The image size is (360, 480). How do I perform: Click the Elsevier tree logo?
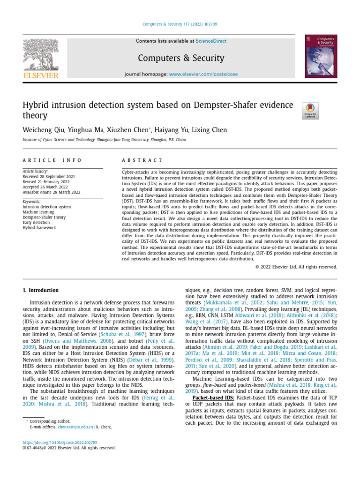41,55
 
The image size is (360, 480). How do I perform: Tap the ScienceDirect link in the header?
211,41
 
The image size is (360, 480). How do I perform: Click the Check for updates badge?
310,111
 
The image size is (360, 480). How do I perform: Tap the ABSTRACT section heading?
142,160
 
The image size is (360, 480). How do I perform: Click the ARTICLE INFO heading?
52,160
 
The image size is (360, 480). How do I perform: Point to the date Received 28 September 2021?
49,177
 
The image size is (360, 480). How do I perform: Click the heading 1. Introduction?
41,290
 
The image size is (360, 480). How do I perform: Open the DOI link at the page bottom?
60,442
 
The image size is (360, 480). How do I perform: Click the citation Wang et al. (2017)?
205,322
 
